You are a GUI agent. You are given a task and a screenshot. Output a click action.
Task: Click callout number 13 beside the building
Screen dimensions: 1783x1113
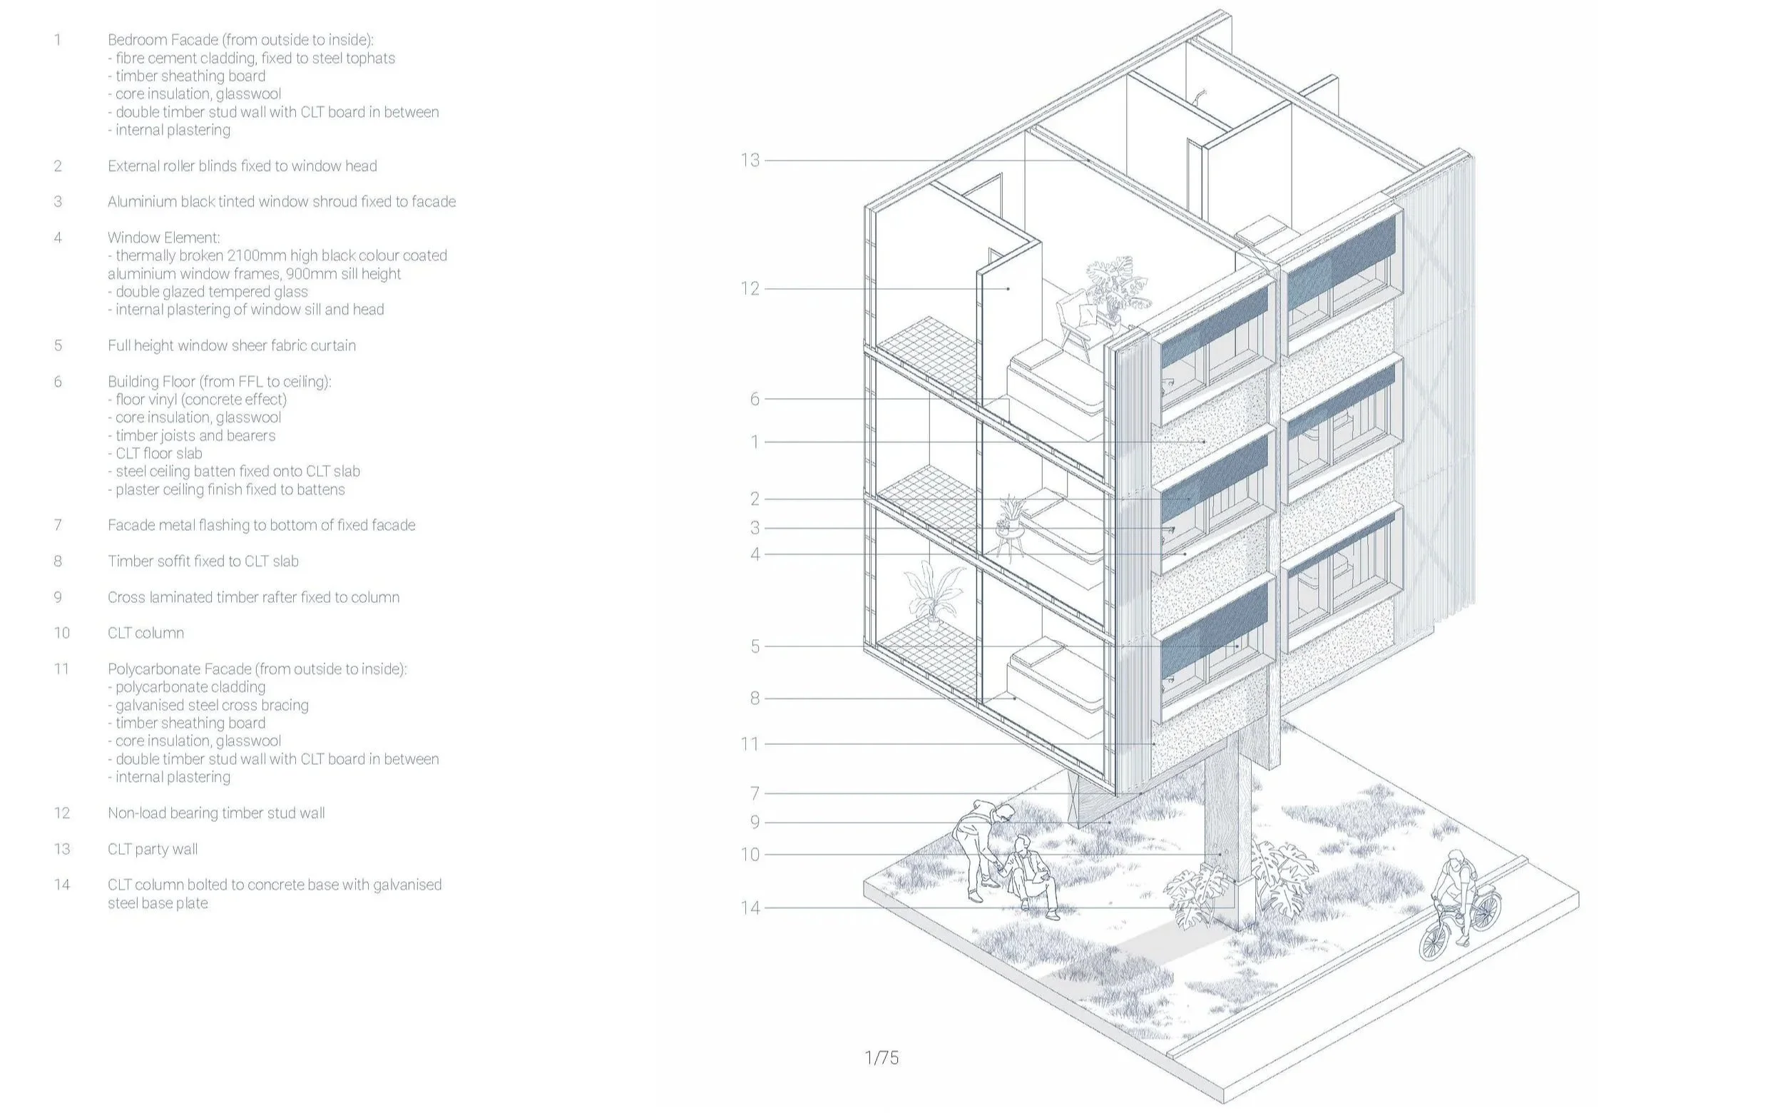click(x=749, y=161)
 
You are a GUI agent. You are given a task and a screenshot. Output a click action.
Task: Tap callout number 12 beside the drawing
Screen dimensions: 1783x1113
click(x=749, y=288)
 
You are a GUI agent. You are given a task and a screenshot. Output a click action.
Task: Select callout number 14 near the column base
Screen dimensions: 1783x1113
click(x=750, y=908)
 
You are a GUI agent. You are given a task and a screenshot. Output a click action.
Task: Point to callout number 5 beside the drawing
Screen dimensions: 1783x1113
click(x=755, y=646)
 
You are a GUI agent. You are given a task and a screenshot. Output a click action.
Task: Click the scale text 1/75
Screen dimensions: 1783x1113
click(x=881, y=1058)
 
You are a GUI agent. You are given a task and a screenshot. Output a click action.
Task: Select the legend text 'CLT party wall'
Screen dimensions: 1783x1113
click(x=153, y=849)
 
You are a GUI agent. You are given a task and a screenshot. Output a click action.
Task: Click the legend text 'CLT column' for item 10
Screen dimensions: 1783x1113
click(x=145, y=633)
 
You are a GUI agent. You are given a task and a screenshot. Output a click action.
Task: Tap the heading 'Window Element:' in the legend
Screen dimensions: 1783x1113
click(x=163, y=238)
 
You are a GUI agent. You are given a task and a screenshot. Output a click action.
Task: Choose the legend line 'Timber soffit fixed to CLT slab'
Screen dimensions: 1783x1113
click(x=203, y=561)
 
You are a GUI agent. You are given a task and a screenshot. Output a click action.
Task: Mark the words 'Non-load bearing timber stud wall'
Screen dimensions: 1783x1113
click(x=215, y=813)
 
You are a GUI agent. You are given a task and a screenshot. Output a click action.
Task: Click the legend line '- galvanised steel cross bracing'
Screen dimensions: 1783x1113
click(x=208, y=704)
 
